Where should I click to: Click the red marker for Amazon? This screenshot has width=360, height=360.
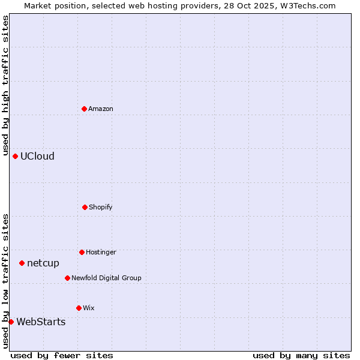click(84, 109)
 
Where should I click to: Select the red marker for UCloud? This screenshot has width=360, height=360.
click(15, 156)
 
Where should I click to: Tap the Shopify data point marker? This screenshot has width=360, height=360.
click(85, 207)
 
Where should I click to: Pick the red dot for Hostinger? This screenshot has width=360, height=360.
click(82, 252)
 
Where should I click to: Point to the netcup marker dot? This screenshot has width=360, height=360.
click(22, 263)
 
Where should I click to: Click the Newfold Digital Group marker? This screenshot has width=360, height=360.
click(67, 278)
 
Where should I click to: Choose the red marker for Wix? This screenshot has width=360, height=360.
click(79, 308)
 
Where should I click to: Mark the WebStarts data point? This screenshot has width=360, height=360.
click(11, 322)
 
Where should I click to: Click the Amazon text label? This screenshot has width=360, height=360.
click(101, 109)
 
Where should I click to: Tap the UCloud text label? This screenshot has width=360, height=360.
click(37, 156)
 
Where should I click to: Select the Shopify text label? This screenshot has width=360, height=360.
click(101, 207)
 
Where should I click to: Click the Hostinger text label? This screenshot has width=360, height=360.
click(101, 252)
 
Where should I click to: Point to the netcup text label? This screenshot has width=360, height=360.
click(43, 263)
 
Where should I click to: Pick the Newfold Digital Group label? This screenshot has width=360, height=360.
click(106, 278)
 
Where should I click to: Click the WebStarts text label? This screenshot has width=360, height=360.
click(41, 322)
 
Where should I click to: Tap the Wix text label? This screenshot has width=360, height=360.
click(89, 308)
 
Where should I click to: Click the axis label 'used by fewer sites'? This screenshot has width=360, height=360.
click(62, 355)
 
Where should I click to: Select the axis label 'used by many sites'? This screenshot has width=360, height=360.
click(301, 355)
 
